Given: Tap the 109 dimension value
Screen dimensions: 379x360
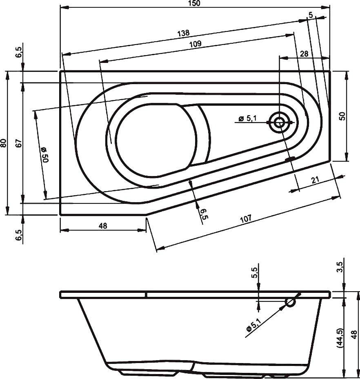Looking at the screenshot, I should (x=195, y=45).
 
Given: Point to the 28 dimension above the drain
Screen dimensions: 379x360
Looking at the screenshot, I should (x=304, y=54).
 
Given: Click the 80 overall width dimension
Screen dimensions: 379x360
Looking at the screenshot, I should (x=4, y=143).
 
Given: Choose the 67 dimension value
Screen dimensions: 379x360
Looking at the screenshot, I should (x=18, y=143).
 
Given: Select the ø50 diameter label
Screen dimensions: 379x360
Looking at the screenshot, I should (x=44, y=155).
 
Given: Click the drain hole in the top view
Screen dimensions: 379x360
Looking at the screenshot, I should (x=280, y=122).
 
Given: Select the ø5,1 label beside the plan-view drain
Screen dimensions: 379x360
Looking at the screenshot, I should (x=248, y=118).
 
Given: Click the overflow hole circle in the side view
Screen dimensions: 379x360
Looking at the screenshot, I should (x=290, y=302).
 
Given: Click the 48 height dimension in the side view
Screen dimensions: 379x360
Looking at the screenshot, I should (x=355, y=335).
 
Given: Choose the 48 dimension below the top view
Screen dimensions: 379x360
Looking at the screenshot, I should (x=102, y=226).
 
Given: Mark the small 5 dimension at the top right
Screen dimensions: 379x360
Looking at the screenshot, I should (x=311, y=15).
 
